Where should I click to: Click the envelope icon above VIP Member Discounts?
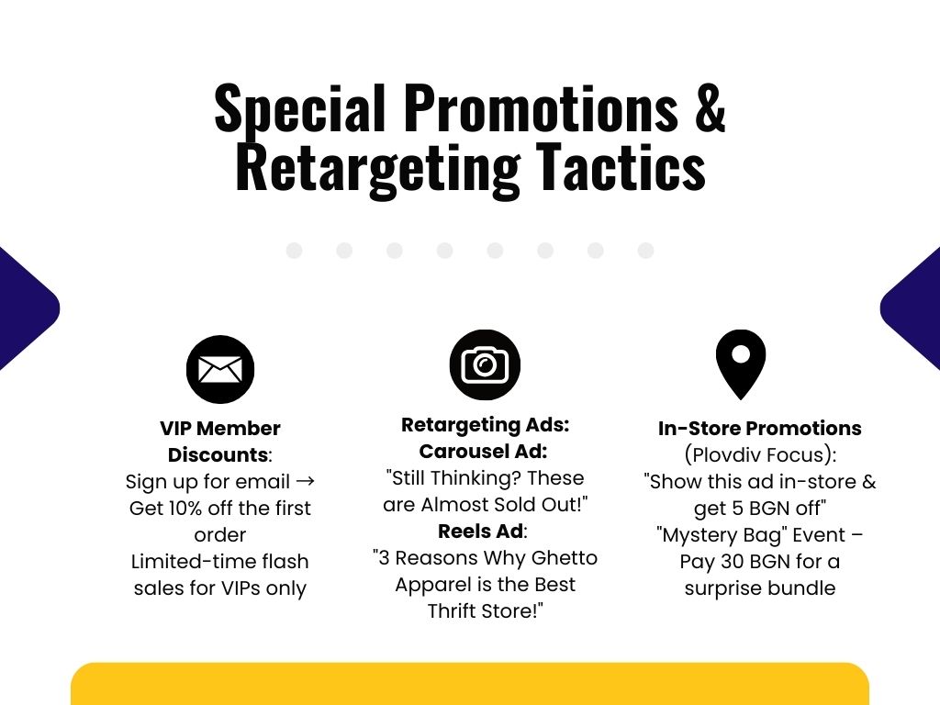(220, 369)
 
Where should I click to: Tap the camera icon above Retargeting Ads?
(485, 364)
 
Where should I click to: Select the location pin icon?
(741, 364)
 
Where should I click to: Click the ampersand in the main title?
(711, 108)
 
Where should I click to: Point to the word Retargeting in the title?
(377, 168)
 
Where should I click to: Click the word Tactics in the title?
(621, 167)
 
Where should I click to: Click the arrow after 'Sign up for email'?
(305, 481)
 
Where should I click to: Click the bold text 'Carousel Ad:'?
(483, 452)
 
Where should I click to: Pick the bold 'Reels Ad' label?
(481, 532)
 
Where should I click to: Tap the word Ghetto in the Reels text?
(565, 557)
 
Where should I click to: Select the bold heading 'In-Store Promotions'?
(759, 428)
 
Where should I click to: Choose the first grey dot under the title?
(294, 251)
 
